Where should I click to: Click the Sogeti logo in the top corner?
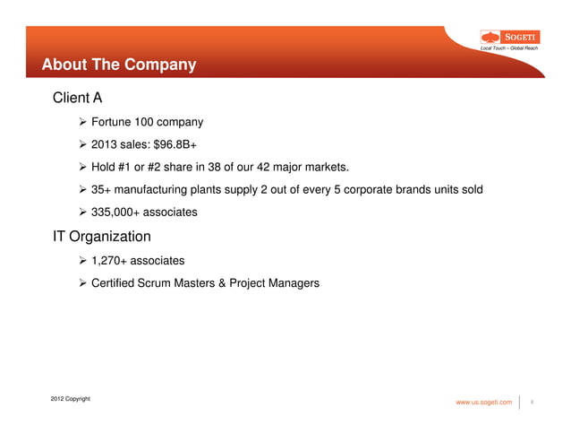pyautogui.click(x=509, y=37)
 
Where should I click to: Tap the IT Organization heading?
pyautogui.click(x=100, y=237)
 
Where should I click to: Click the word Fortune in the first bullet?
pyautogui.click(x=112, y=121)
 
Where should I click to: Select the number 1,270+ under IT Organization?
pyautogui.click(x=108, y=261)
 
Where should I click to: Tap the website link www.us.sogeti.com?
pyautogui.click(x=484, y=403)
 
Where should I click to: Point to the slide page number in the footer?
pyautogui.click(x=533, y=403)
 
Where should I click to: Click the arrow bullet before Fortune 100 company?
pyautogui.click(x=83, y=121)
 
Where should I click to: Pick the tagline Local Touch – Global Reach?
pyautogui.click(x=509, y=48)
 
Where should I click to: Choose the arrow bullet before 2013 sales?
pyautogui.click(x=83, y=143)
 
